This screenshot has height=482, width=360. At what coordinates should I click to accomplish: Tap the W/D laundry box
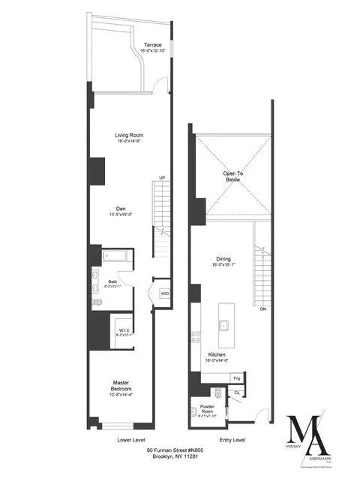(x=164, y=294)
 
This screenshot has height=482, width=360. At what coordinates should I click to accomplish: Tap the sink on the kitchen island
(x=224, y=325)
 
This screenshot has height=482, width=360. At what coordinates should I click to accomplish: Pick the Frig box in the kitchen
(x=236, y=378)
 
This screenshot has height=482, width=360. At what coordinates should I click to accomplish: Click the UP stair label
(x=161, y=178)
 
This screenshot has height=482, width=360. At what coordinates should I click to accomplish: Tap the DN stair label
(x=262, y=309)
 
